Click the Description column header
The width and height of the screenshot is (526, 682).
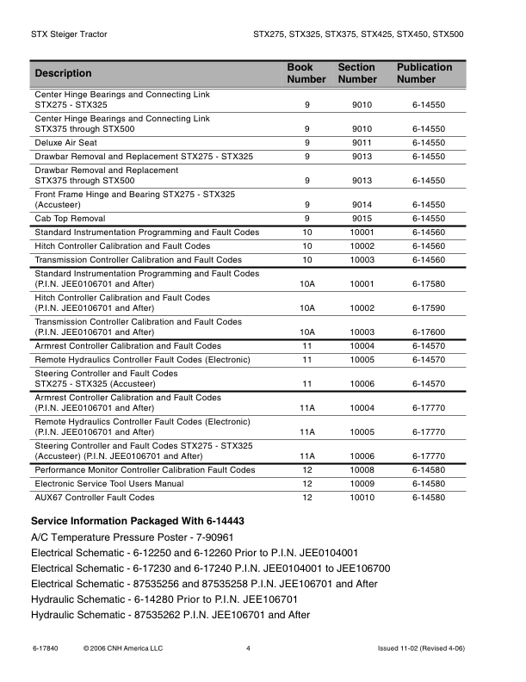click(63, 73)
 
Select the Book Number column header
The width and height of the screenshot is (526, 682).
click(306, 73)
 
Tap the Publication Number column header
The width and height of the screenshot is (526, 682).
click(424, 73)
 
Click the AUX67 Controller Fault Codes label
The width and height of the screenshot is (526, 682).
click(95, 498)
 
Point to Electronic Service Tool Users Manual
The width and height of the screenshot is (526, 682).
click(108, 484)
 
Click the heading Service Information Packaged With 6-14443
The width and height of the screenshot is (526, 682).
click(138, 521)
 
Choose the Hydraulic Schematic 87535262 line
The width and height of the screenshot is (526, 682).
click(170, 614)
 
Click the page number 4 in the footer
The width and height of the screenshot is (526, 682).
click(248, 648)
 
